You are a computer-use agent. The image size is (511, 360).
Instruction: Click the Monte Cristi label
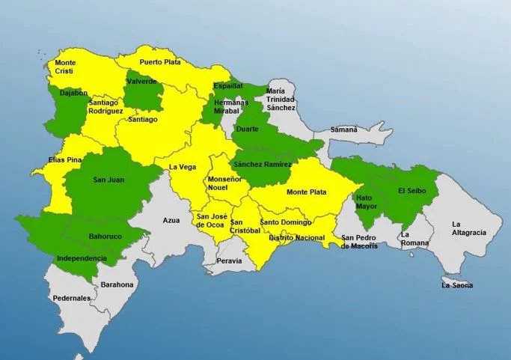[65, 67]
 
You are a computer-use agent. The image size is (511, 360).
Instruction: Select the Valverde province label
[141, 81]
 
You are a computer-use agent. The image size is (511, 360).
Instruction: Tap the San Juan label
[108, 180]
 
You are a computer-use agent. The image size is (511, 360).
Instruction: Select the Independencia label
[82, 258]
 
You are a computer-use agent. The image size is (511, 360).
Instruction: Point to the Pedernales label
[72, 298]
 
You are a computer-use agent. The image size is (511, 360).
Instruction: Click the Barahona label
[117, 284]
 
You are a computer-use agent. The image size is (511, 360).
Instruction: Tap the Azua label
[171, 221]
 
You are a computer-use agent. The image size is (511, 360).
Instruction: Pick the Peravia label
[229, 261]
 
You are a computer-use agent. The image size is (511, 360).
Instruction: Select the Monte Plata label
[307, 192]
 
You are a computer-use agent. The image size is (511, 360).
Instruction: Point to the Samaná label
[344, 129]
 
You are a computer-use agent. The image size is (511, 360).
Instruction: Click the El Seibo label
[411, 191]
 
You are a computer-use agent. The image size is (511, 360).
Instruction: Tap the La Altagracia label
[468, 228]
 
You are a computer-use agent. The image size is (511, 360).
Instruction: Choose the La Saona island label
[457, 285]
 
